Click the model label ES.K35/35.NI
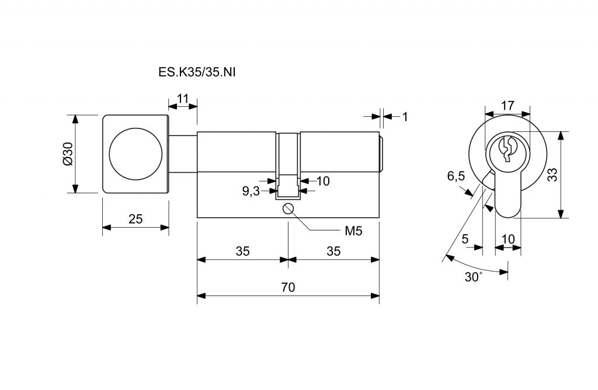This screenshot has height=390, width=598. (x=197, y=72)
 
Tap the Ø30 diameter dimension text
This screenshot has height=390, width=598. (x=68, y=154)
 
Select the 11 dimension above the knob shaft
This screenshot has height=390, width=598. (x=183, y=98)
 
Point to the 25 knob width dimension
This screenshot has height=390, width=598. (x=135, y=219)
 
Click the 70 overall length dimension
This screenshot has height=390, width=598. (x=288, y=287)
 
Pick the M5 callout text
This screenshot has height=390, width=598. (x=353, y=231)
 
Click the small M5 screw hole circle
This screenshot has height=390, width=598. (x=288, y=208)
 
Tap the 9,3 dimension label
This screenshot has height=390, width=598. (x=251, y=191)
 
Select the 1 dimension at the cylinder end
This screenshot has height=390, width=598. (x=405, y=117)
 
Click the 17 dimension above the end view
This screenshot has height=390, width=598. (x=507, y=105)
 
